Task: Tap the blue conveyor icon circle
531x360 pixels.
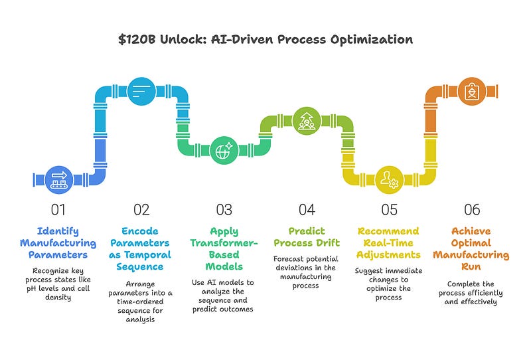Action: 58,177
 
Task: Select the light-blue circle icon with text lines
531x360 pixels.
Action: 141,89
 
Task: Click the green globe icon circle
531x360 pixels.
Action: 223,151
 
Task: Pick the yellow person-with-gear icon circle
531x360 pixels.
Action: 388,179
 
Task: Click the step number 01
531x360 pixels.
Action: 58,210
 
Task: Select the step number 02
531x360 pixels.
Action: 141,210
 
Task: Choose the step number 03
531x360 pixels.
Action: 224,210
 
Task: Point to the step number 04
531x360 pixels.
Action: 306,210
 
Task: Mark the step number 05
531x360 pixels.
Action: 389,210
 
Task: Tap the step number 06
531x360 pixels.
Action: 472,210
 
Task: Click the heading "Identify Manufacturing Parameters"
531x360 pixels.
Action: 58,243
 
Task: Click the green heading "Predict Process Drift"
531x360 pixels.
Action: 306,237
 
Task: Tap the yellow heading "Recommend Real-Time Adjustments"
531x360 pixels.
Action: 389,243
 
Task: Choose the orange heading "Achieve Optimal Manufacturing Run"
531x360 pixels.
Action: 472,249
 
